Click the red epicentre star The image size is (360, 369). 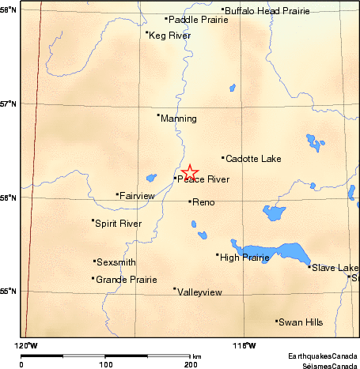[x=189, y=172]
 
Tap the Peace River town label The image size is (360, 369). [x=203, y=179]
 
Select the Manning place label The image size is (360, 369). [x=178, y=119]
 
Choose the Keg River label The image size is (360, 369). [x=169, y=36]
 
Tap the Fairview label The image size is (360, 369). [x=138, y=195]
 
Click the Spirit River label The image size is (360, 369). [x=118, y=224]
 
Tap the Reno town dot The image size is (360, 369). [x=190, y=201]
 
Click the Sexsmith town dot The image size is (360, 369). [x=94, y=261]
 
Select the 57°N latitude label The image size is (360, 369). [x=8, y=104]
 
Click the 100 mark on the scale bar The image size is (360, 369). [x=105, y=365]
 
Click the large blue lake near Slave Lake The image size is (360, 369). [x=277, y=254]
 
